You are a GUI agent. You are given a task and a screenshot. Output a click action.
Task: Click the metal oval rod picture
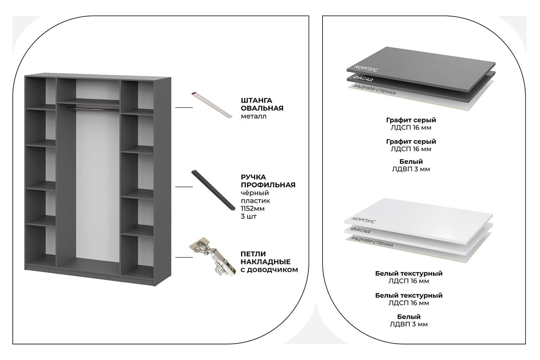[x=211, y=105]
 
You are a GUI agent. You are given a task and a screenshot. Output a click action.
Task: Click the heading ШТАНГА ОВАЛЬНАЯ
[x=262, y=104]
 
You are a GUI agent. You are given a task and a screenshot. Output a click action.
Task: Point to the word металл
[x=254, y=116]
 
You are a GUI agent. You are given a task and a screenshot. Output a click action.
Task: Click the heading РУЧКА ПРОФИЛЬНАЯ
[x=268, y=181]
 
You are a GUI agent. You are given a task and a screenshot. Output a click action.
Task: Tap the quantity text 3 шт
[x=248, y=217]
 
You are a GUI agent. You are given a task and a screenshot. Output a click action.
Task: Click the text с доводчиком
[x=269, y=270]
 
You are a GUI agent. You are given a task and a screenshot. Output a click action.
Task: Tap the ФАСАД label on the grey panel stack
[x=363, y=78]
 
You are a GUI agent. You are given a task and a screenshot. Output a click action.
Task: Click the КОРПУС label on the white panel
[x=363, y=220]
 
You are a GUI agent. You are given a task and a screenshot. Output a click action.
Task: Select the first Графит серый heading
[x=411, y=120]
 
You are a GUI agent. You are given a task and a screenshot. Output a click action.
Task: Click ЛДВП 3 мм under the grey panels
[x=411, y=169]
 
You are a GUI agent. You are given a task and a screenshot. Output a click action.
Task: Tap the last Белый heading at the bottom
[x=409, y=317]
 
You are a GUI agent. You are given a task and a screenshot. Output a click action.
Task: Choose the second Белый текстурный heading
[x=409, y=295]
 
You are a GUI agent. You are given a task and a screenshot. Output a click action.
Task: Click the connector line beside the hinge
[x=184, y=257]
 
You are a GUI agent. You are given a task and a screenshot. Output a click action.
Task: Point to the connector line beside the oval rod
[x=184, y=107]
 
